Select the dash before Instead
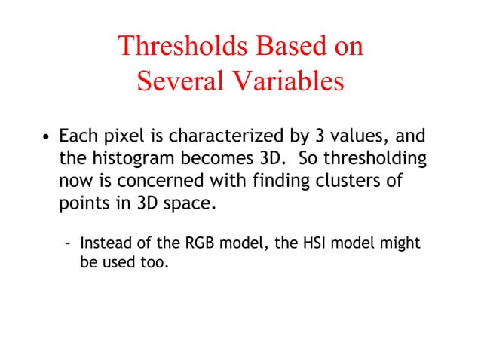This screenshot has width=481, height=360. point(69,244)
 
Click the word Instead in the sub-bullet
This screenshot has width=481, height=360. point(106,244)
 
